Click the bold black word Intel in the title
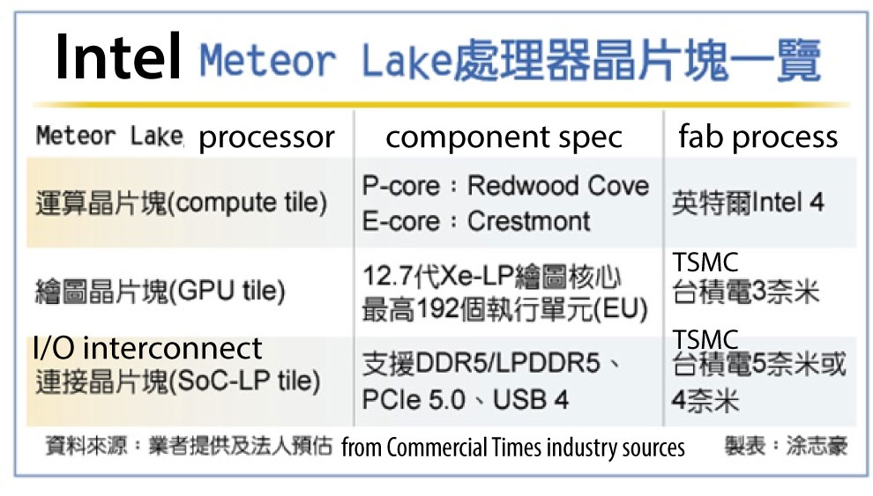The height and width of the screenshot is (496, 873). [x=118, y=56]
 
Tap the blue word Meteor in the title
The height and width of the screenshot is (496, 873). [x=267, y=60]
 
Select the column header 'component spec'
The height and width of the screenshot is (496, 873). [x=504, y=137]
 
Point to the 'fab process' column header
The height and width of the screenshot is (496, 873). [x=757, y=137]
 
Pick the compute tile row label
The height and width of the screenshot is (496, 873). [x=181, y=203]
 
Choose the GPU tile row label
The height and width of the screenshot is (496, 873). [x=160, y=291]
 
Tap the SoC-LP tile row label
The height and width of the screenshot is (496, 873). [x=178, y=381]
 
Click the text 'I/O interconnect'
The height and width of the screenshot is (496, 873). [x=147, y=349]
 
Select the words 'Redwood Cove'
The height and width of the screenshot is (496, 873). [x=558, y=185]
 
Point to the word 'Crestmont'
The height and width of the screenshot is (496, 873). [x=528, y=221]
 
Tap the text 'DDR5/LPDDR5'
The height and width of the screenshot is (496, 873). [x=508, y=364]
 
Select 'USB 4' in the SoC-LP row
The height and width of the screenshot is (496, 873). [x=531, y=400]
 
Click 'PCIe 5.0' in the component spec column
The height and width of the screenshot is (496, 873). [x=413, y=400]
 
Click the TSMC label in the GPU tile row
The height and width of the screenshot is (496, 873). [x=705, y=263]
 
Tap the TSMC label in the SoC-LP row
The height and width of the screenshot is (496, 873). [x=705, y=339]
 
